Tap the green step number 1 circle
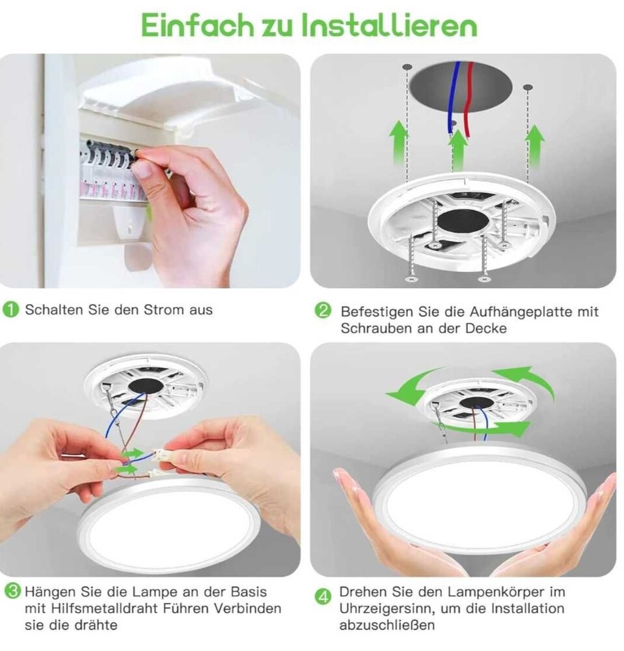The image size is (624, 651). pos(11,310)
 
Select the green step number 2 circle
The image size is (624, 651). pos(323,311)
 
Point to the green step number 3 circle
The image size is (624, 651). pos(13,591)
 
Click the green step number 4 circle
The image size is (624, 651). pos(323,596)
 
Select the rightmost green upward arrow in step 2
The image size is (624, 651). pos(536,145)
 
